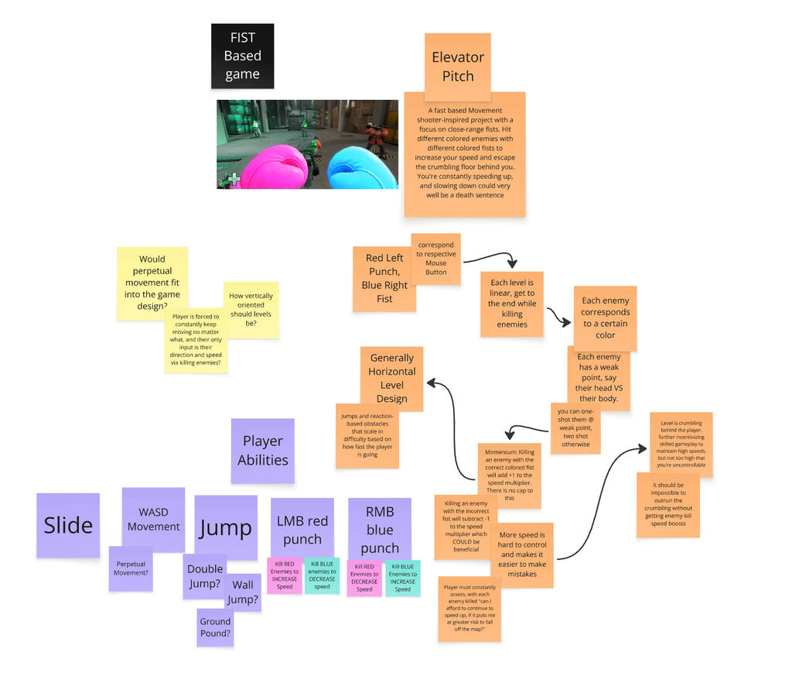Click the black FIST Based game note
tap(242, 56)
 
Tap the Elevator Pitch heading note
tap(457, 67)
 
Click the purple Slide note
tap(68, 525)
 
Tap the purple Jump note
tap(225, 527)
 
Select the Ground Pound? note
tap(215, 627)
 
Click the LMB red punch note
tap(302, 529)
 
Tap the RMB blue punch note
tap(379, 529)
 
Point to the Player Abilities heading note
tap(263, 451)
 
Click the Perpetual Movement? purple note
tap(131, 568)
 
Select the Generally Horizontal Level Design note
tap(391, 378)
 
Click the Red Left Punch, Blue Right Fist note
tap(384, 279)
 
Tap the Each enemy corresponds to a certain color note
tap(605, 318)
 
